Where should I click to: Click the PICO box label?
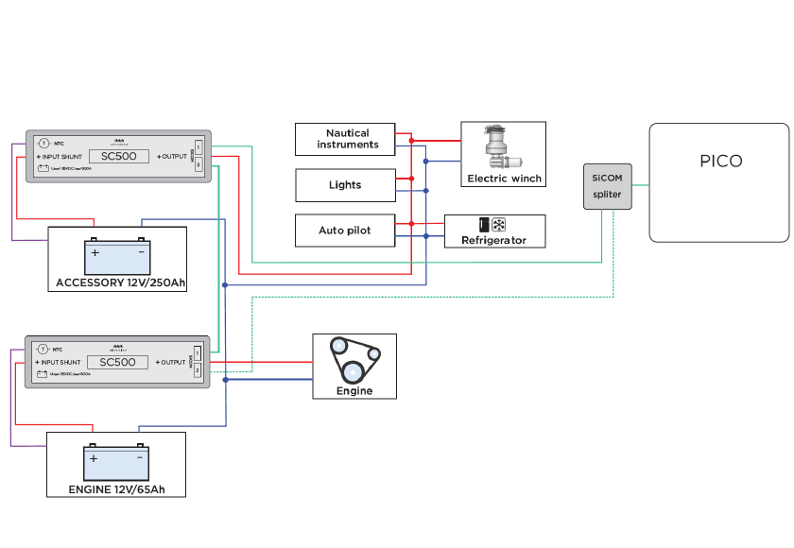(720, 161)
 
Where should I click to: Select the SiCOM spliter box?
(607, 186)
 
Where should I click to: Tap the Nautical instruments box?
(348, 139)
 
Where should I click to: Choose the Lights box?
(345, 185)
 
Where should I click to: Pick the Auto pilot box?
(345, 231)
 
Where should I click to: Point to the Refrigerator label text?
(492, 241)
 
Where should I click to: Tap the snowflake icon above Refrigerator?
(498, 226)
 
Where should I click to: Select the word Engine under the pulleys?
(354, 390)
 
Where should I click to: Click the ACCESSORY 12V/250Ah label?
(121, 283)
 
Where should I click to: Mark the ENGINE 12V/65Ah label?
(116, 489)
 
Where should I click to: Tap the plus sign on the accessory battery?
(95, 252)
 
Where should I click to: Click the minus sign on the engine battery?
(138, 458)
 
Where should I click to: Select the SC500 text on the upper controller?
(118, 156)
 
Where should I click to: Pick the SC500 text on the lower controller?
(118, 362)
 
